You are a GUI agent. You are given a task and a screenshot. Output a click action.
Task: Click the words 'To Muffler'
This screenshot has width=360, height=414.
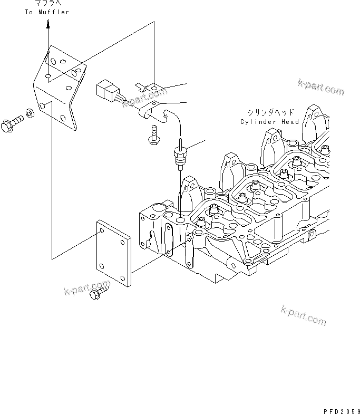coord(47,12)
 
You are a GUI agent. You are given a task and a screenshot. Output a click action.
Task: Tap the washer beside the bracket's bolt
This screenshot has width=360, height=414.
coord(31,113)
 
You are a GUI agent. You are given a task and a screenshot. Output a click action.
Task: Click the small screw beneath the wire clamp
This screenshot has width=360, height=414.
coord(153,134)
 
